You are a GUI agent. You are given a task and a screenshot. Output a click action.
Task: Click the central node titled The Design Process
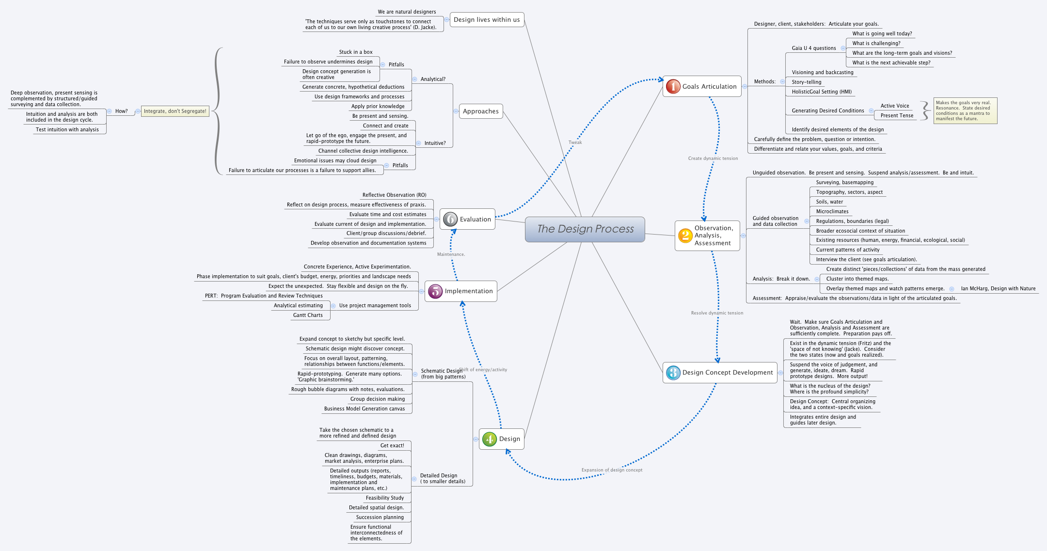click(585, 229)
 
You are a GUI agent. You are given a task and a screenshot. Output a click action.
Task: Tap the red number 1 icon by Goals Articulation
click(673, 86)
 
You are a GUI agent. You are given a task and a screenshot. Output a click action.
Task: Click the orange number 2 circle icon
click(685, 236)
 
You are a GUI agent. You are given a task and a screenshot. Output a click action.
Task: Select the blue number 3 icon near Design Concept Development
click(673, 372)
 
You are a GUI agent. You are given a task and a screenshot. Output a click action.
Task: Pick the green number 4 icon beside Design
click(489, 439)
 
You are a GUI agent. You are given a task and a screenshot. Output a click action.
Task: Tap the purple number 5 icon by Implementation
click(435, 291)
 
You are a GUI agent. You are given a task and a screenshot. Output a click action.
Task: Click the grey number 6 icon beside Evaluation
click(450, 219)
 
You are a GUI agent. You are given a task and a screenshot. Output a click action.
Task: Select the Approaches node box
click(480, 111)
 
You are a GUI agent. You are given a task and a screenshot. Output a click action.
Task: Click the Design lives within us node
click(487, 20)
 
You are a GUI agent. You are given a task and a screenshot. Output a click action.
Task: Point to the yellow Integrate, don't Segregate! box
click(175, 111)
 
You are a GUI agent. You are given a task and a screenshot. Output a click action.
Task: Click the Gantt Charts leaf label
click(308, 315)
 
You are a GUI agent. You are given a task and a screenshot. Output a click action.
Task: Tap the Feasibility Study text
click(384, 498)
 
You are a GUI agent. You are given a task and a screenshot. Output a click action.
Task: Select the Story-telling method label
click(807, 82)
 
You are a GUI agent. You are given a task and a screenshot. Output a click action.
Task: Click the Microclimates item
click(832, 211)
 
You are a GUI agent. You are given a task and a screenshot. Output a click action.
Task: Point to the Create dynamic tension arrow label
click(713, 158)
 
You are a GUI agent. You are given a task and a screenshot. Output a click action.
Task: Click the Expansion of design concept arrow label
click(612, 470)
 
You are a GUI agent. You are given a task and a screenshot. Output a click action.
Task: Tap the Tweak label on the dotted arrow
click(575, 142)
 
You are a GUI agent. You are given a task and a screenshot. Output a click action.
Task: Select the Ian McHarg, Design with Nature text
click(998, 288)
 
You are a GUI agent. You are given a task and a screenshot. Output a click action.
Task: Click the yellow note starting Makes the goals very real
click(965, 110)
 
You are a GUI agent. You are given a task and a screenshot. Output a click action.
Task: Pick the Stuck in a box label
click(355, 52)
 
